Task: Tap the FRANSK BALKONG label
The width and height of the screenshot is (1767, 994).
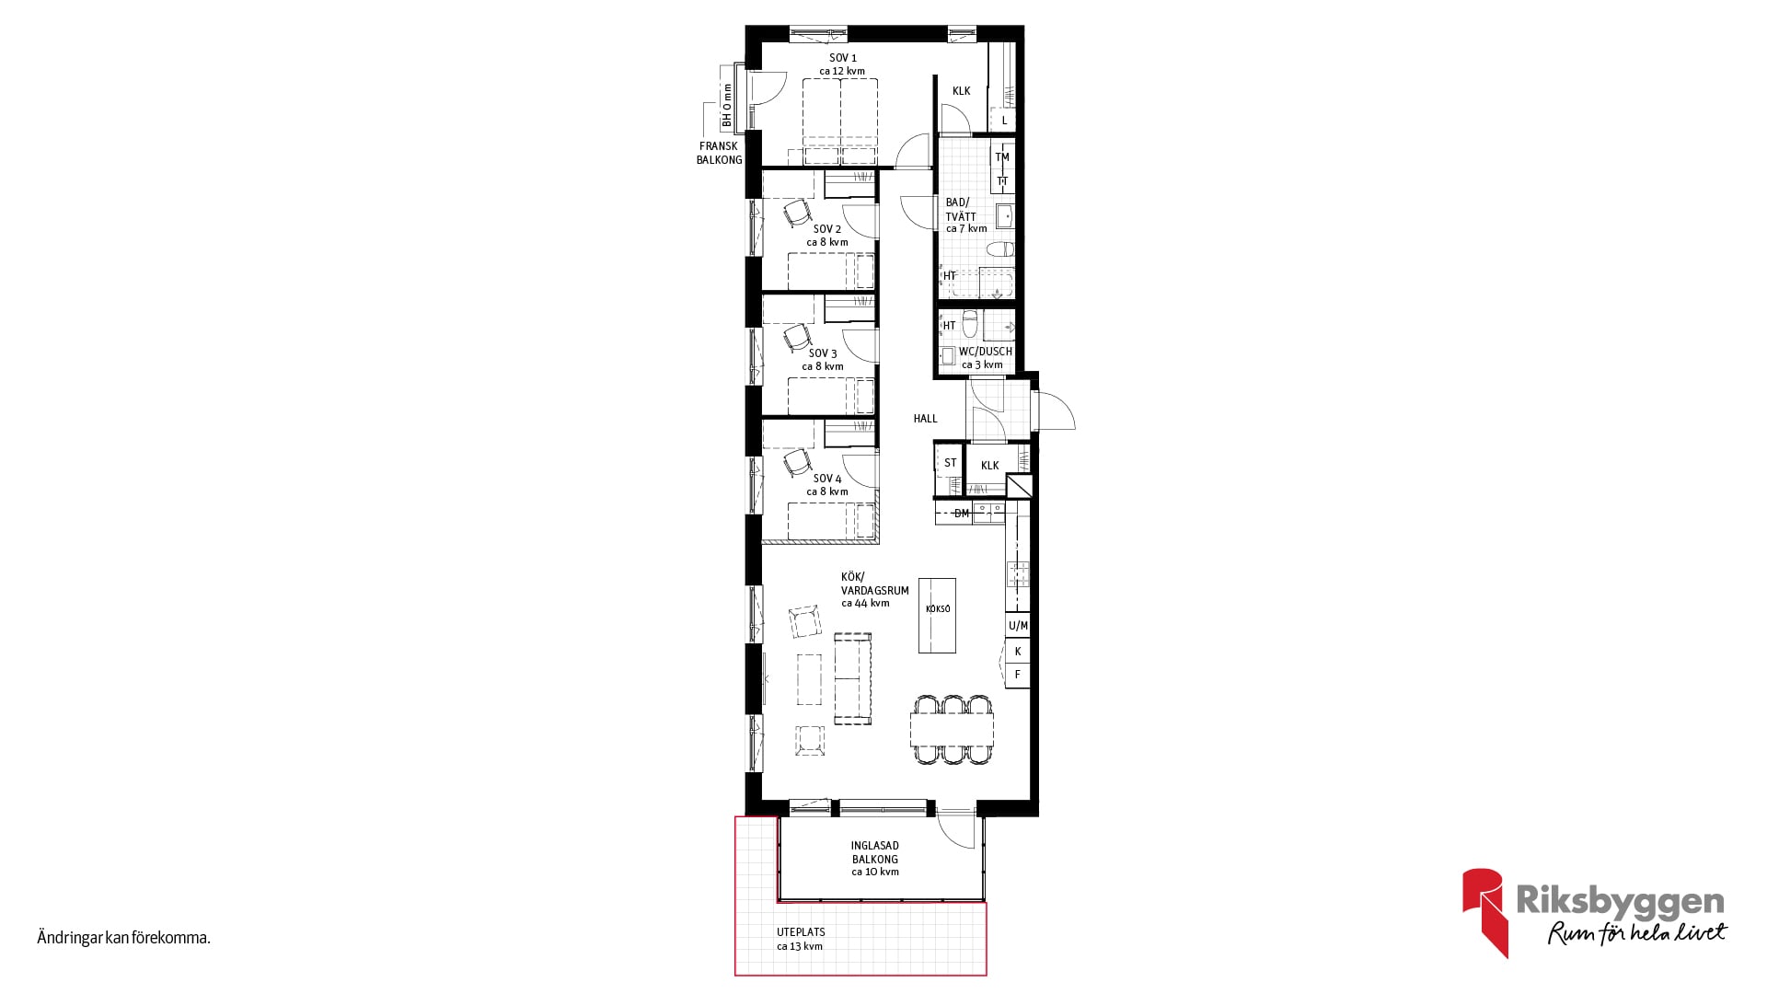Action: tap(719, 153)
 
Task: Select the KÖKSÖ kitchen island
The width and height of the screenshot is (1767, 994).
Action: tap(937, 615)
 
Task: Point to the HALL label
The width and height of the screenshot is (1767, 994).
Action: tap(925, 419)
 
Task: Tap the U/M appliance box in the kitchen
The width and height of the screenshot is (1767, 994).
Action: tap(1017, 626)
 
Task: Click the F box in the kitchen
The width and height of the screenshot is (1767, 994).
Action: tap(1017, 675)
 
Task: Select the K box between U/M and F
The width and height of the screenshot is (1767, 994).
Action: tap(1017, 651)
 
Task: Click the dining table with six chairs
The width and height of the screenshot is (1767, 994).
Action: tap(953, 730)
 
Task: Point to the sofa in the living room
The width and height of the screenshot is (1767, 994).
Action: tap(852, 677)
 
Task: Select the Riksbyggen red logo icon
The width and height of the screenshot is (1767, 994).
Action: tap(1485, 911)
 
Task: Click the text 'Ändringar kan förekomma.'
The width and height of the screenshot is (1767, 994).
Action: tap(124, 939)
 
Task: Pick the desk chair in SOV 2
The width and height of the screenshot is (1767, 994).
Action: tap(797, 214)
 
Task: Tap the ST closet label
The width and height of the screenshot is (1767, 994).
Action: tap(951, 463)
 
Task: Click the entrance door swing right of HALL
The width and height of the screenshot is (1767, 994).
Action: tap(1056, 410)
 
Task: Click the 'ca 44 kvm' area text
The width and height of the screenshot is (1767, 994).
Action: tap(865, 604)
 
